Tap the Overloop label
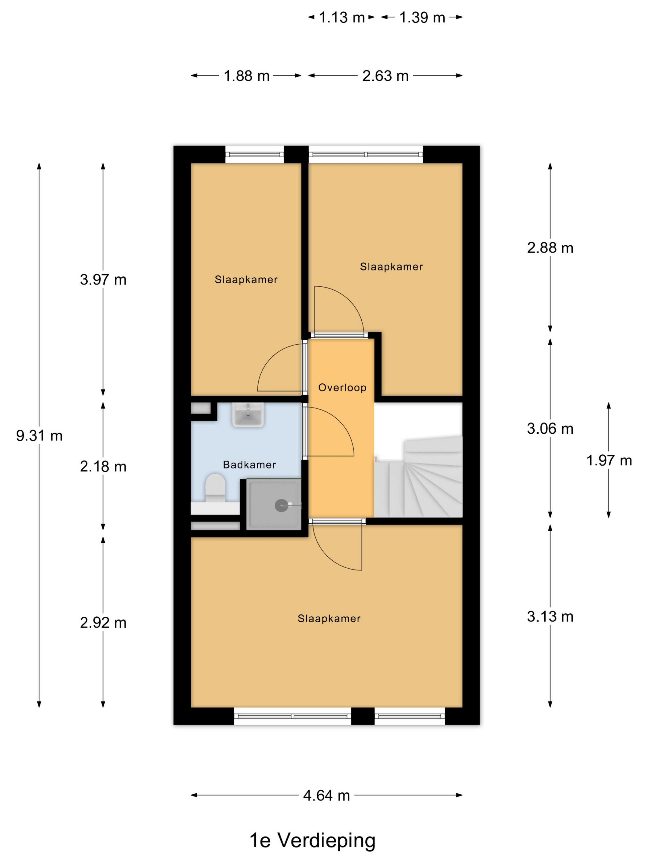342,387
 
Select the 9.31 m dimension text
39,436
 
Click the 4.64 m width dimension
326,795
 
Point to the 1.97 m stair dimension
609,460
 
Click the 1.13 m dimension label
342,18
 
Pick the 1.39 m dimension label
422,18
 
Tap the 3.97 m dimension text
103,280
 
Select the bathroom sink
248,414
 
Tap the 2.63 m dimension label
385,76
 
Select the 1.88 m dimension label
247,76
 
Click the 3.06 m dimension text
550,429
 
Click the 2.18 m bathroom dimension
103,467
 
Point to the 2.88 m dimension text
550,248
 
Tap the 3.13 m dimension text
550,617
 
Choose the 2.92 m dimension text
103,623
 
